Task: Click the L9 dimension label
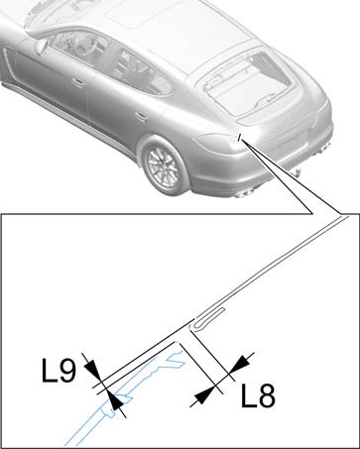60,371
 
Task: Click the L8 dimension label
258,395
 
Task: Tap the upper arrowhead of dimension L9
92,368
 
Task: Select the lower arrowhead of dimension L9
116,401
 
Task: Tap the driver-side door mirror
41,47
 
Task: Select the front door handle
78,82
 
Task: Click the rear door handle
141,116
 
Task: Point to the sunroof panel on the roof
146,13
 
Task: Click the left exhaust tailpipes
243,193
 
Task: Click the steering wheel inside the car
83,44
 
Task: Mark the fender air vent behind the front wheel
7,61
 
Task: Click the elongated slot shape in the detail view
208,318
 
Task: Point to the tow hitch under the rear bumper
296,172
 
